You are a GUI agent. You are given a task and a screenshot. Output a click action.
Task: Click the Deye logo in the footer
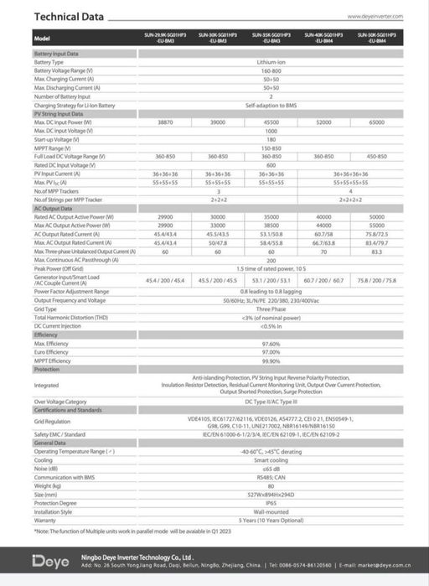click(x=49, y=560)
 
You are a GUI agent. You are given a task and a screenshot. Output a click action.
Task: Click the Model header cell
click(x=43, y=39)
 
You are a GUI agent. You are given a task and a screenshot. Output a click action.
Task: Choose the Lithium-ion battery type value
click(x=271, y=62)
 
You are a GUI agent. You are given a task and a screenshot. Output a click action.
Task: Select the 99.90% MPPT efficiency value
click(x=271, y=360)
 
